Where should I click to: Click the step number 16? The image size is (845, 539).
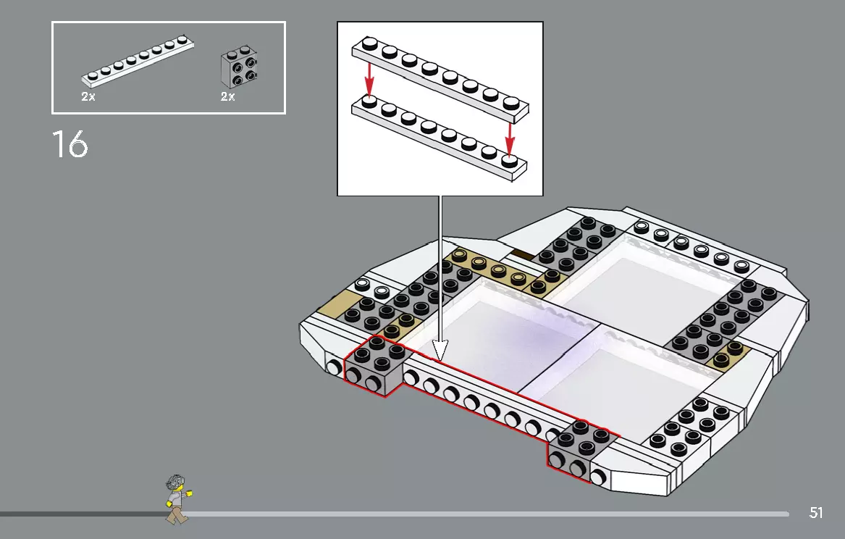tap(70, 144)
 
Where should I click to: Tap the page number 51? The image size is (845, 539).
tap(816, 513)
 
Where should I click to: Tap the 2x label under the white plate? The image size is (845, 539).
tap(88, 96)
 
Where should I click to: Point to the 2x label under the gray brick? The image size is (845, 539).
tap(228, 96)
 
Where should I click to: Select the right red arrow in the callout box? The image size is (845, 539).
tap(510, 135)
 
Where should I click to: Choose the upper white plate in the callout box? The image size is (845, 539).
tap(440, 75)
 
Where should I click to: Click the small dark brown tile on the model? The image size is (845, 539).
tap(522, 254)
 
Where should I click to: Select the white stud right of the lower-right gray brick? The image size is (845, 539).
tap(599, 476)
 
